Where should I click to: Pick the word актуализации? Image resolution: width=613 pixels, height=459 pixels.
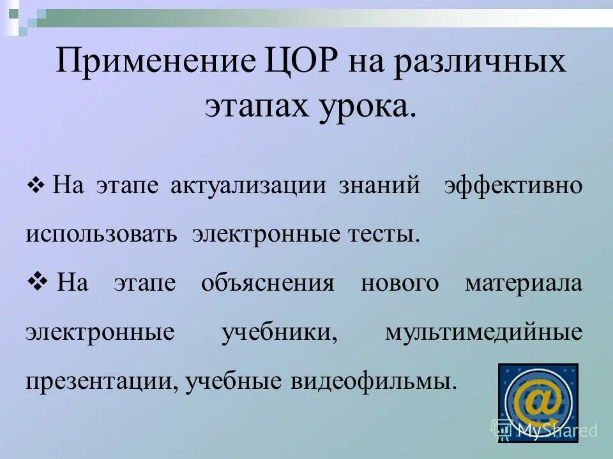coord(248,186)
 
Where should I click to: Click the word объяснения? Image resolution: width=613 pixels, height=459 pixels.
coord(267,282)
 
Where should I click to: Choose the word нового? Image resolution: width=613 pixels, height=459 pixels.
coord(400,282)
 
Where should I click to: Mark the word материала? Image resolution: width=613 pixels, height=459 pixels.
coord(524,282)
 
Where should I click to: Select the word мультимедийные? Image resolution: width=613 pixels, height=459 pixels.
coord(483,332)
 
